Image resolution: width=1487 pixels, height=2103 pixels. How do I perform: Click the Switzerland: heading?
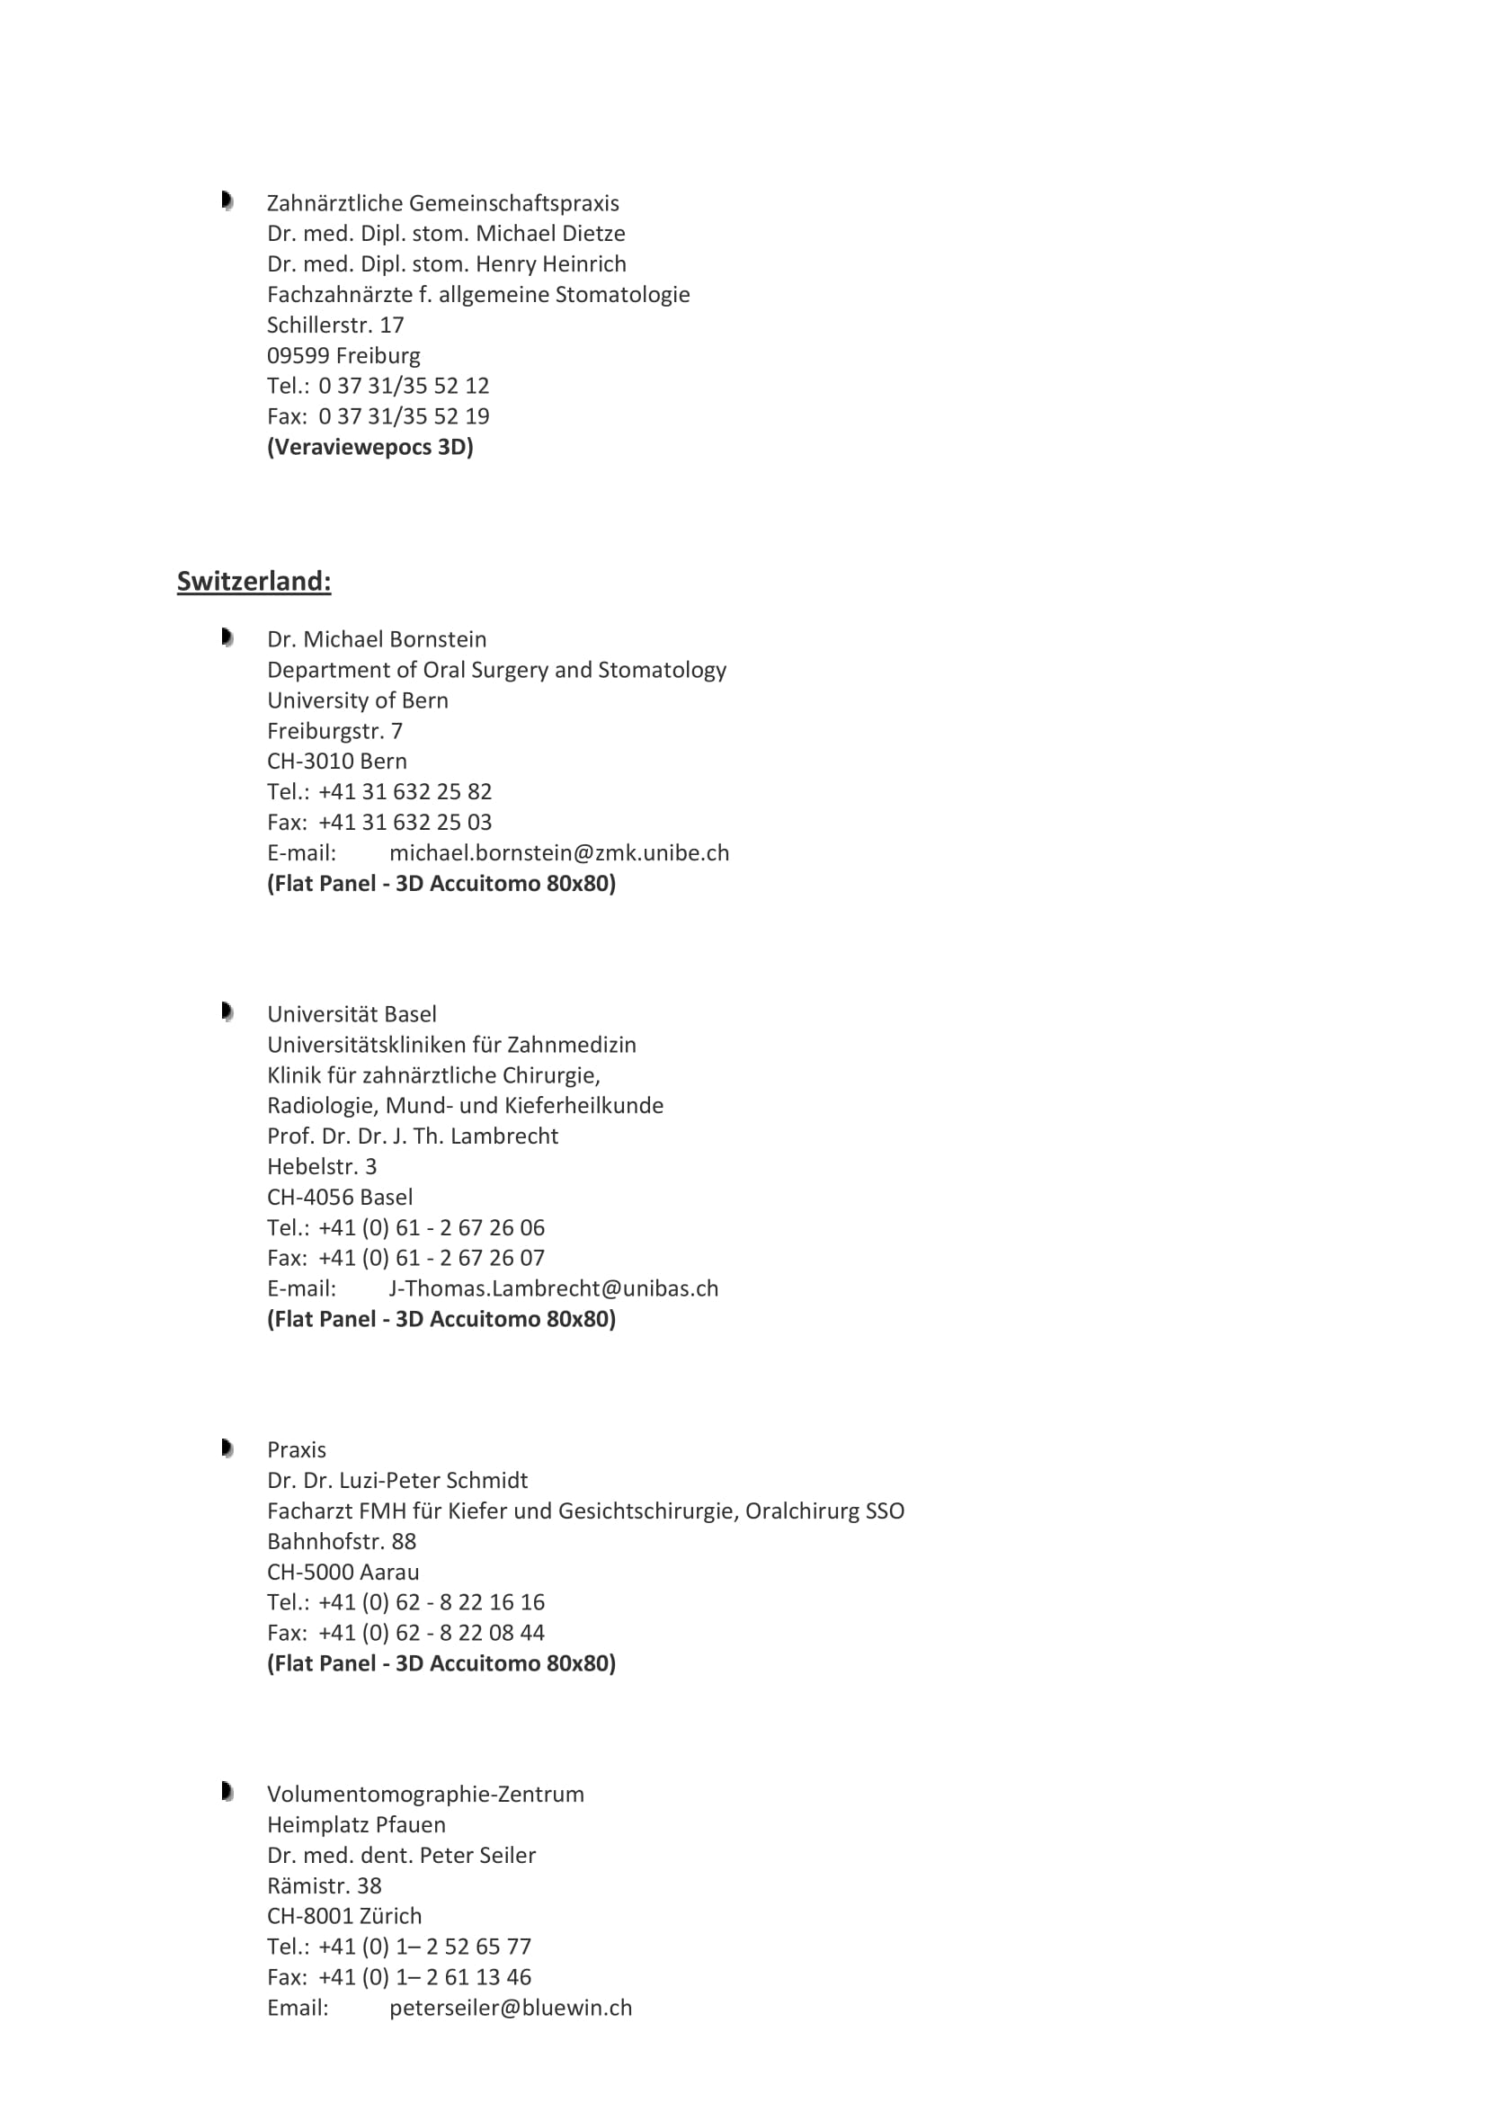[254, 582]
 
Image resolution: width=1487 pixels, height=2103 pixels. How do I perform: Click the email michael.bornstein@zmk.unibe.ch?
[558, 852]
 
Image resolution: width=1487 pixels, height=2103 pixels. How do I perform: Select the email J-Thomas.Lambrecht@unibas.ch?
[553, 1288]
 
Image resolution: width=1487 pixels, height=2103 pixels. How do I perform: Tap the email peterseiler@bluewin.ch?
[510, 2008]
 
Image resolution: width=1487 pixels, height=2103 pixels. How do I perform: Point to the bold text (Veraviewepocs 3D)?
[370, 447]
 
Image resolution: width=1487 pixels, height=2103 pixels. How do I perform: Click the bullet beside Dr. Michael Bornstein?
[227, 637]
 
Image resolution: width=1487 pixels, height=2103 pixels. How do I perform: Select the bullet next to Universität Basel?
[227, 1012]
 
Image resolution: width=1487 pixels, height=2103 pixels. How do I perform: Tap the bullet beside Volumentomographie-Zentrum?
[227, 1792]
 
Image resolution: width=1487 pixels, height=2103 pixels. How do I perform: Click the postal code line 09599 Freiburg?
[343, 355]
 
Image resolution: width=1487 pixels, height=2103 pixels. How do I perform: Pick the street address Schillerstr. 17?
[335, 325]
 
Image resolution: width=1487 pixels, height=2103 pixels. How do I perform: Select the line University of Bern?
[357, 700]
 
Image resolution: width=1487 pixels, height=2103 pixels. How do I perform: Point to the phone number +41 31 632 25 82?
[405, 791]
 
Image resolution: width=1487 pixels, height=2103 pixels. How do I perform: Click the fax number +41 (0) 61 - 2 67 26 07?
[432, 1258]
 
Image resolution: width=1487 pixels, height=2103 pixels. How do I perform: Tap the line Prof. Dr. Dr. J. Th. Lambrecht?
[412, 1136]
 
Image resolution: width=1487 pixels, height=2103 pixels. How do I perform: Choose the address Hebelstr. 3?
[321, 1166]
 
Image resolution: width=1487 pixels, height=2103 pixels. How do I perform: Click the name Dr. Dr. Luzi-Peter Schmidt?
[397, 1480]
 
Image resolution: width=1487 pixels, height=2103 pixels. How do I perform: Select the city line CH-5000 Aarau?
[343, 1572]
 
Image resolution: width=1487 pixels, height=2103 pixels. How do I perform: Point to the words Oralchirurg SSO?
[824, 1510]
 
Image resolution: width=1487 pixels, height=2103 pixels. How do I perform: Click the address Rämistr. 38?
[325, 1886]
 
